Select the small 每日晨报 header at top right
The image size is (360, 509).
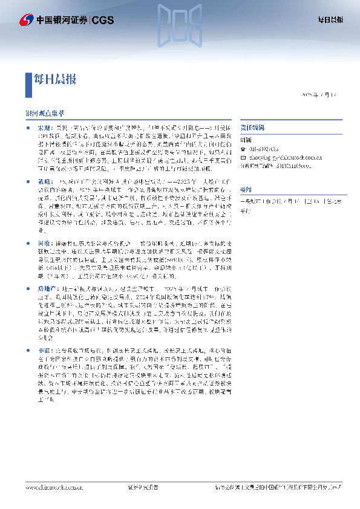(x=330, y=20)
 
